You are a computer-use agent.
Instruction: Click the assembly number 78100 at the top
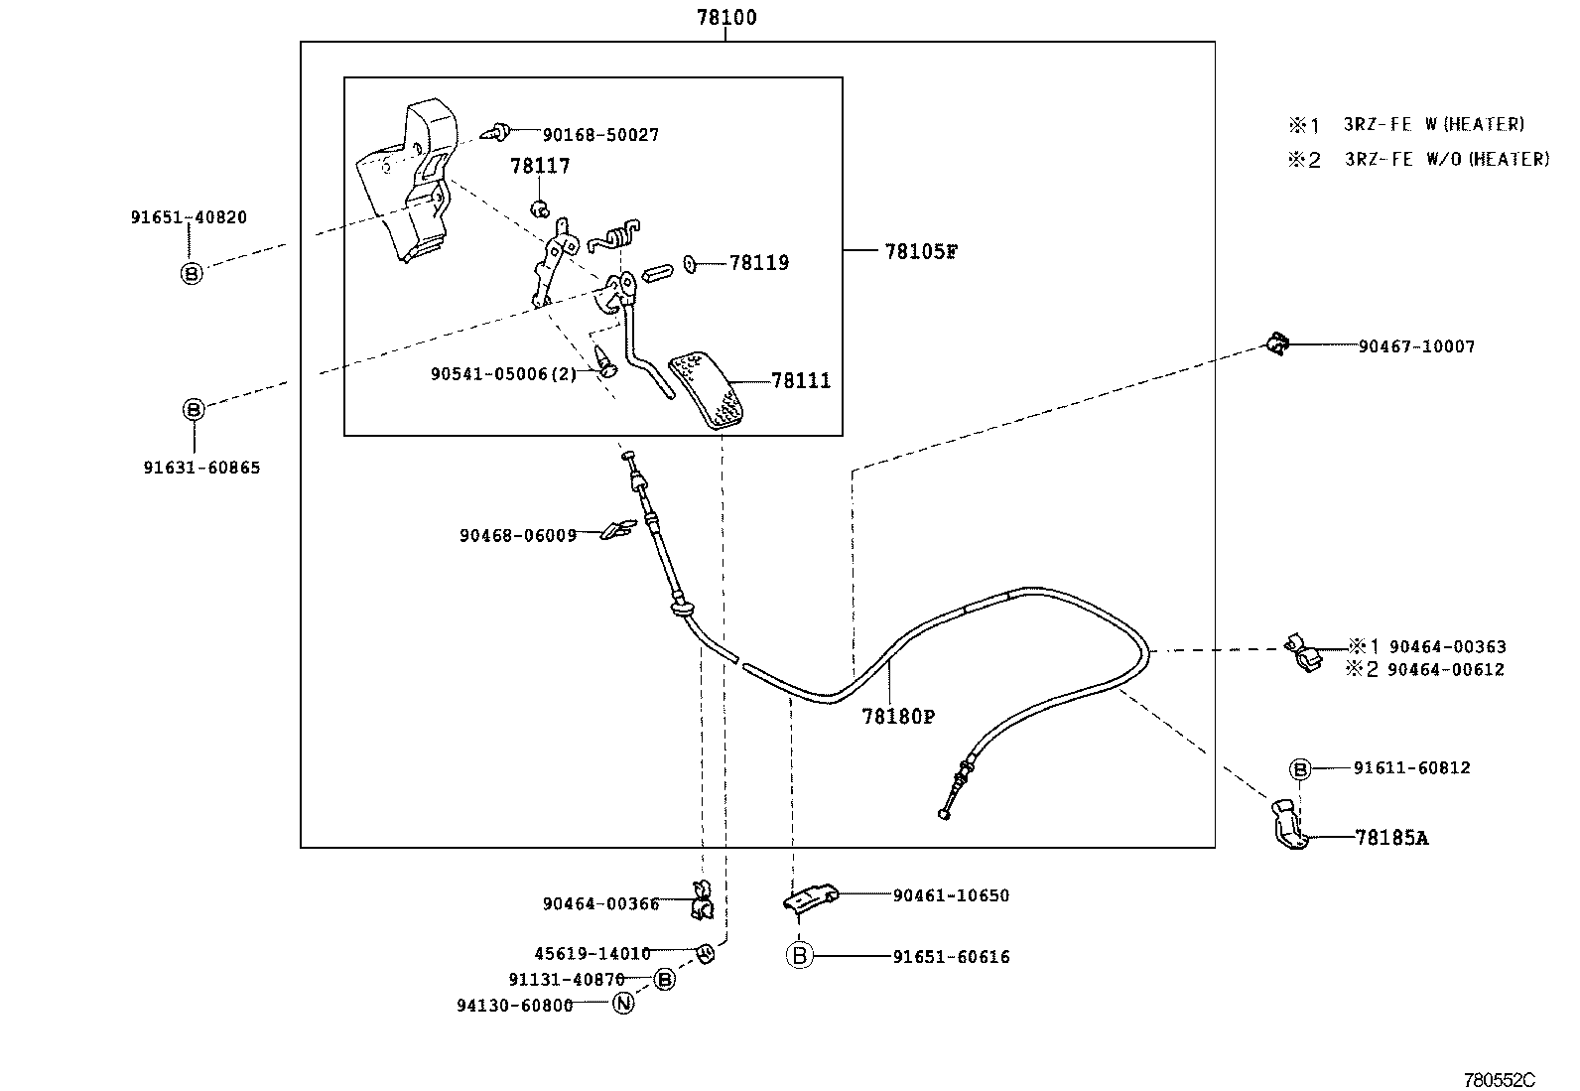[x=726, y=17]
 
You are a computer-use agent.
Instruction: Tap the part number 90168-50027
[x=599, y=134]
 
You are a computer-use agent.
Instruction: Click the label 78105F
[x=920, y=251]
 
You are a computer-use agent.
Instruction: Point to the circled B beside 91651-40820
[x=192, y=273]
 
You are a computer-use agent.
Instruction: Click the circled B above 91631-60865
[x=194, y=409]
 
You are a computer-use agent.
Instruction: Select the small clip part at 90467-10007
[x=1276, y=345]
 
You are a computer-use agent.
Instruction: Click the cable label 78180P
[x=897, y=716]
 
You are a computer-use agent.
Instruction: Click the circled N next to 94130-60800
[x=623, y=1004]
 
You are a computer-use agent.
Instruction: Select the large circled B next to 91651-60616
[x=800, y=956]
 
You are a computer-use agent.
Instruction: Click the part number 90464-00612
[x=1445, y=670]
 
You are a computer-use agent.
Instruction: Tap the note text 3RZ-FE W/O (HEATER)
[x=1446, y=159]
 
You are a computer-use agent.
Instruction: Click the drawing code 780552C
[x=1500, y=1079]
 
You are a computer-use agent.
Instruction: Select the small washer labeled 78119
[x=691, y=264]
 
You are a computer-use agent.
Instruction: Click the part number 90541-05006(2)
[x=503, y=374]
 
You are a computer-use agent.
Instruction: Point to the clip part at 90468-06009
[x=618, y=530]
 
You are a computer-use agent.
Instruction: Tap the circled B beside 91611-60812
[x=1300, y=768]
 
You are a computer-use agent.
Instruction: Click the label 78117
[x=540, y=166]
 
